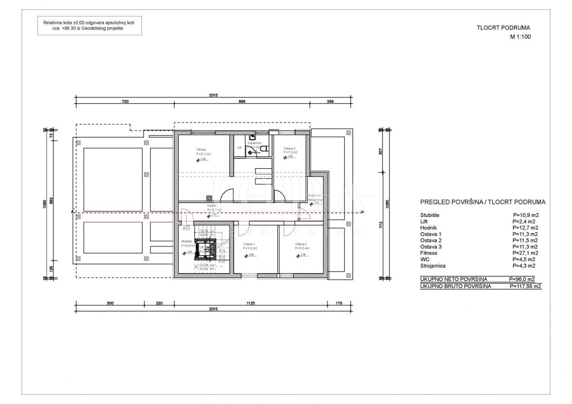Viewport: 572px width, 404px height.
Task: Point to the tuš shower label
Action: point(239,147)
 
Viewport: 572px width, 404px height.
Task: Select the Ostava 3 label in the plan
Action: point(290,149)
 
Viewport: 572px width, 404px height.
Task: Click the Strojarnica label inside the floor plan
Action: point(315,200)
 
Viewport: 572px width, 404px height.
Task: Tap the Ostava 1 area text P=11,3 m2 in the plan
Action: point(250,248)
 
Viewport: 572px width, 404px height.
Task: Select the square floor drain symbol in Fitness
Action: point(209,198)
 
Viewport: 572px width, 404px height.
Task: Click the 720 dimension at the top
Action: point(125,101)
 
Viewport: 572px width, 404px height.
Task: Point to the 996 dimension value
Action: point(242,101)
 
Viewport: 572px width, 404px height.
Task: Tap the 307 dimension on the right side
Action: point(380,151)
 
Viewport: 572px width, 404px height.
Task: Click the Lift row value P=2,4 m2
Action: point(525,222)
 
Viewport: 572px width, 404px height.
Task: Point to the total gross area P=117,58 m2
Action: point(525,287)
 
